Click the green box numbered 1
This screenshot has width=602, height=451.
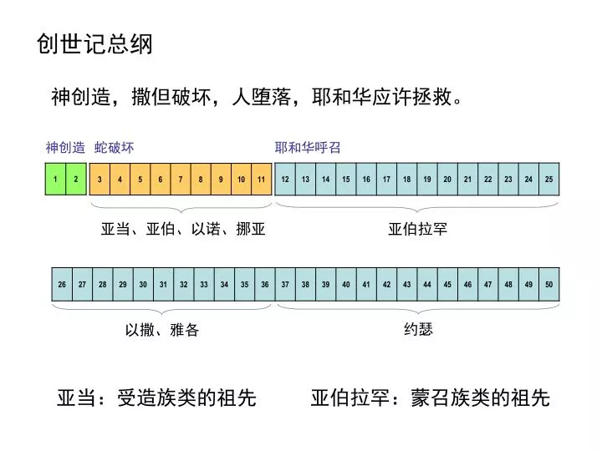[56, 179]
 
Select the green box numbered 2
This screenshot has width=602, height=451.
[76, 179]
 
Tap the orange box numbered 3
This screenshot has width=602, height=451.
[99, 179]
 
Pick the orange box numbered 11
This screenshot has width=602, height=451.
[262, 179]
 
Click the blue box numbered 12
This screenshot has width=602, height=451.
[285, 179]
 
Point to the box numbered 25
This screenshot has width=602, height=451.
[549, 179]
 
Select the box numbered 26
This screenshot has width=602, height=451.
[62, 284]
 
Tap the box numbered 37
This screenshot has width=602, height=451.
[285, 284]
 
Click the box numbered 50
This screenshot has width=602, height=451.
[549, 284]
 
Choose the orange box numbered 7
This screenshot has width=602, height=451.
[181, 179]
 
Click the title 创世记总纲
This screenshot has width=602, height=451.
[94, 43]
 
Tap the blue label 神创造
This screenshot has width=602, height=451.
[65, 148]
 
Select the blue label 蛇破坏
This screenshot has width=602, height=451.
[114, 148]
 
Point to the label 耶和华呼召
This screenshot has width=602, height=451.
[308, 148]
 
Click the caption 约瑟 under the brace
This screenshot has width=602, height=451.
[419, 329]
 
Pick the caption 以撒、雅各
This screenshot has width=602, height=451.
[162, 330]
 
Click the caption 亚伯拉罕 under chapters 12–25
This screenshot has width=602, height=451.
[418, 229]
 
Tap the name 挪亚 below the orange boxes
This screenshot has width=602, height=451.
[251, 229]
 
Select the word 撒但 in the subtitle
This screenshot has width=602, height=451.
[151, 96]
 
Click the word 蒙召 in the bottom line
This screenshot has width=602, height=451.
[431, 398]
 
